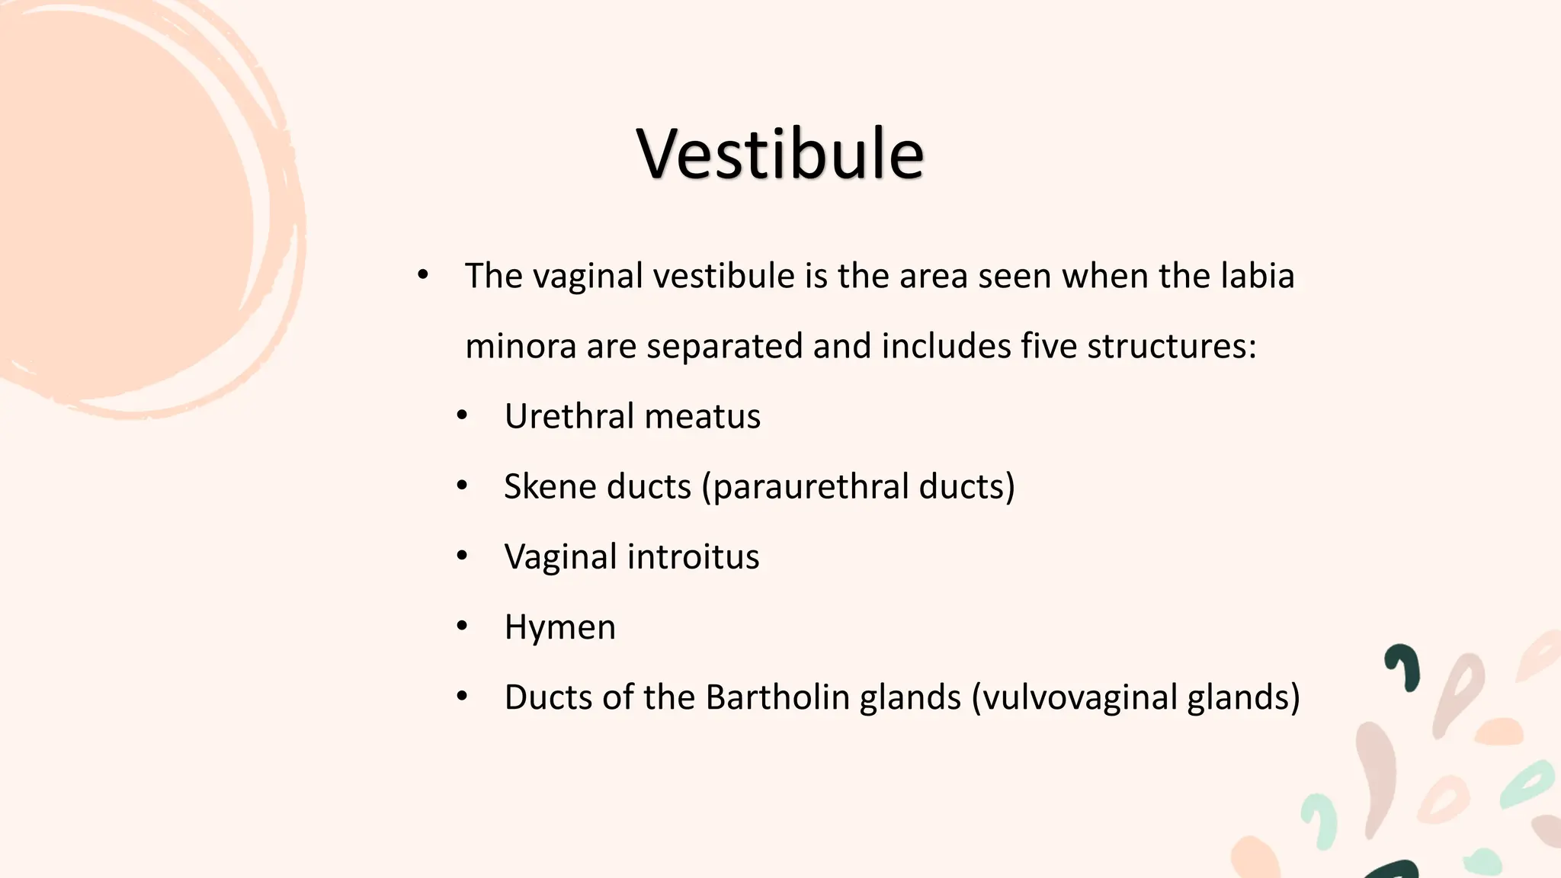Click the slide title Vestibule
coord(780,154)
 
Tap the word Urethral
coord(569,416)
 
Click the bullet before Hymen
coord(462,626)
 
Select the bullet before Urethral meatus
coord(462,416)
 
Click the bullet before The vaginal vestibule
coord(423,275)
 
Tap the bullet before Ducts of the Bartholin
coord(462,697)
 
